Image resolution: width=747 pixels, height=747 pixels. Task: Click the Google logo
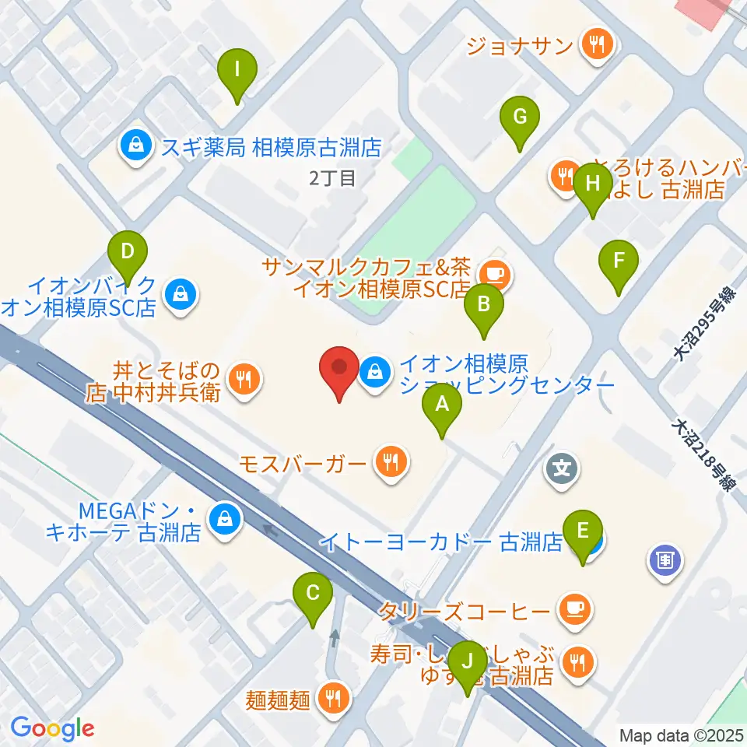52,728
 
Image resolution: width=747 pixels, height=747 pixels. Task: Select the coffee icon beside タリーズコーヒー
574,607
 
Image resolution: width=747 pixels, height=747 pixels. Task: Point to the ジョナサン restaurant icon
597,44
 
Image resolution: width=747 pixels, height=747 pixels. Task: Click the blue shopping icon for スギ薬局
137,145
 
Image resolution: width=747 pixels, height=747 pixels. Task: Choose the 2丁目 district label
332,178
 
